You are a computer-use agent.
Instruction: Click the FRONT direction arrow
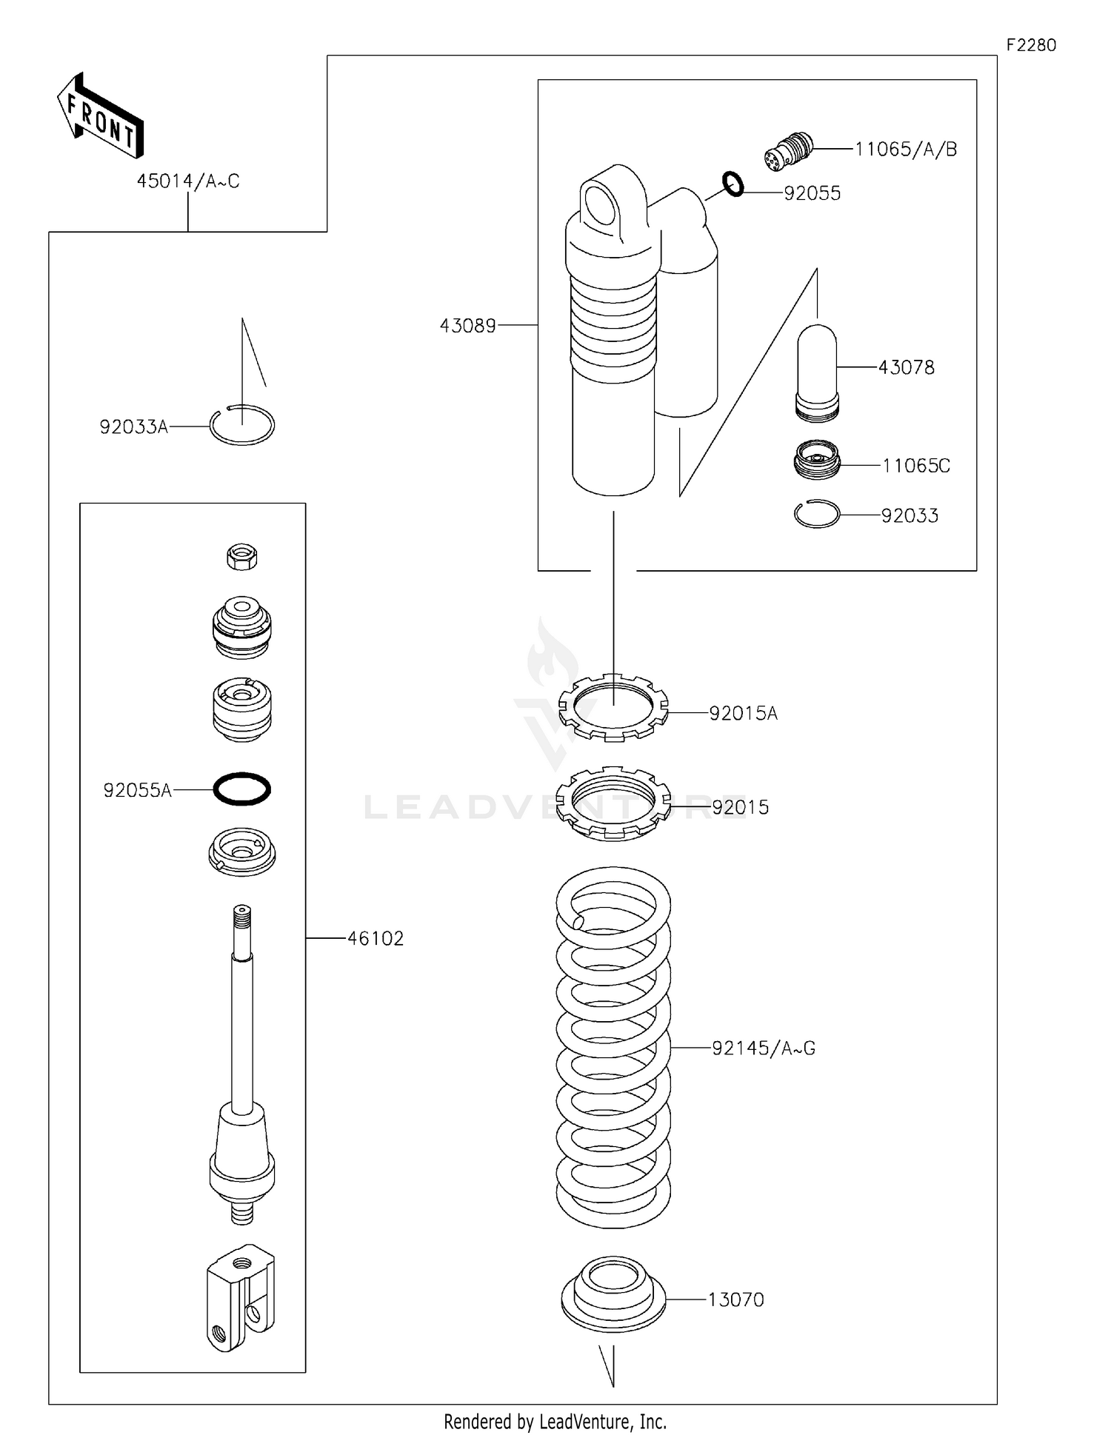click(100, 116)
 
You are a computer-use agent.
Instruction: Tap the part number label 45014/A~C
click(188, 181)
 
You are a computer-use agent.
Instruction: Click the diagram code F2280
click(1030, 45)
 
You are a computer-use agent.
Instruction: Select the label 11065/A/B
click(906, 150)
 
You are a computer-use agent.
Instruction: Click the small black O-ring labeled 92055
click(733, 184)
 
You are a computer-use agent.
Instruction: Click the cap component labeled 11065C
click(816, 461)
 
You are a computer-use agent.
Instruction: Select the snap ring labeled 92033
click(816, 514)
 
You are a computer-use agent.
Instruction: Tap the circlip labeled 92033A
click(242, 426)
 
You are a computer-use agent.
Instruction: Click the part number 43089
click(467, 326)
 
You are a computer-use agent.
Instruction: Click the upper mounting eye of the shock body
click(601, 204)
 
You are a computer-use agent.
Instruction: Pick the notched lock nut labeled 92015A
click(613, 707)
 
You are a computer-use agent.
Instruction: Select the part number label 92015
click(740, 807)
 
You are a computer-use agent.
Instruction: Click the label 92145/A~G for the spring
click(763, 1048)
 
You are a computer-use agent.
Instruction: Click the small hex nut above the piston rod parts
click(241, 556)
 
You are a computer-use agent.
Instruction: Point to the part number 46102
click(375, 939)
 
